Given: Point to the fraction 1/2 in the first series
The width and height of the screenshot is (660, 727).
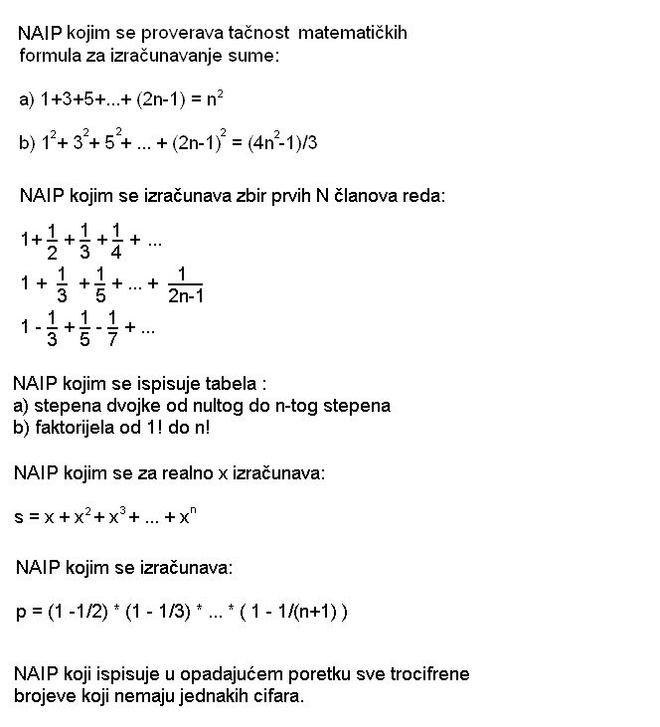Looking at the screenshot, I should tap(52, 242).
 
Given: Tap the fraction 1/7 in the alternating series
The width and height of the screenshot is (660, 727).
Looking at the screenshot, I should tap(113, 327).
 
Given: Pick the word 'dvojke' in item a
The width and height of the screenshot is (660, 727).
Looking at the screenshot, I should tap(125, 406).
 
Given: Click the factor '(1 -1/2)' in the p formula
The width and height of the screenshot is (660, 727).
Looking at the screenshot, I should tap(86, 611).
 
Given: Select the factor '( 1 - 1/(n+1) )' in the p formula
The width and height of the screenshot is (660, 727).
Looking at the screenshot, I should tap(288, 611).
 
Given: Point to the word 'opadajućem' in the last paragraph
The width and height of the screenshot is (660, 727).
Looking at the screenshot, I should tap(200, 674).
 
